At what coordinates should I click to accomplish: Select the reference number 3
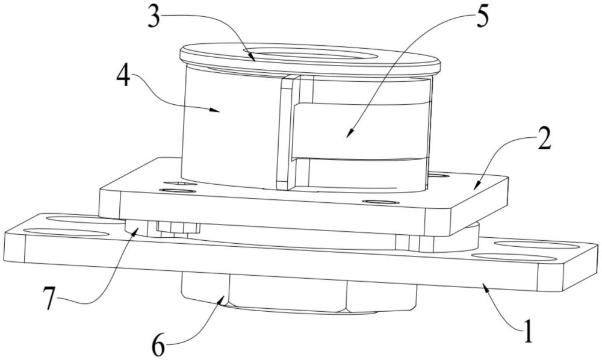[x=155, y=19]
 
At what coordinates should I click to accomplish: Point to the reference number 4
[x=123, y=77]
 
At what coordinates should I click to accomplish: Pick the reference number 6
[x=159, y=346]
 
